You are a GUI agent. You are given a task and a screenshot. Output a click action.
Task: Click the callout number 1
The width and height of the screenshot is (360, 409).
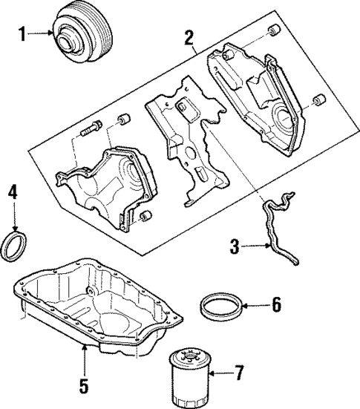tap(22, 33)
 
